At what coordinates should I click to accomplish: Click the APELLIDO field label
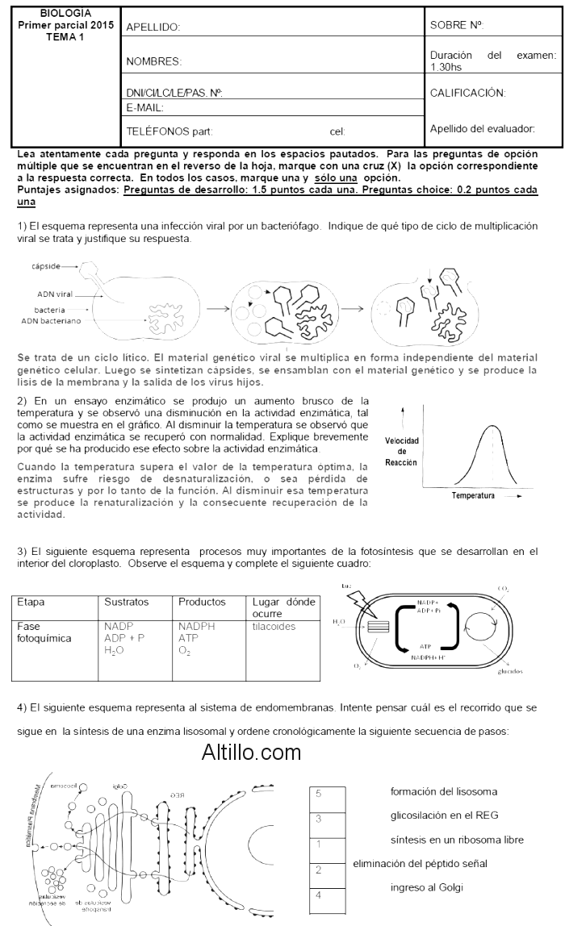click(153, 27)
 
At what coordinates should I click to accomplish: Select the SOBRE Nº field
click(457, 26)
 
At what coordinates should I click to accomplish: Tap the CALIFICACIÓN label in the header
click(468, 93)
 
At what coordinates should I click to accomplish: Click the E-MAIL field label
click(145, 107)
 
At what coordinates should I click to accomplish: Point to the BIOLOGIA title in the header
click(65, 14)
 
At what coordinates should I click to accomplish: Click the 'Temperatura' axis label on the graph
click(474, 494)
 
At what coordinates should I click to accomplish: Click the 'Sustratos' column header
click(127, 602)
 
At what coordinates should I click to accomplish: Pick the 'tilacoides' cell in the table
click(274, 626)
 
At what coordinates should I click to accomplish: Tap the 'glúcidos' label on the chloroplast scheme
click(510, 670)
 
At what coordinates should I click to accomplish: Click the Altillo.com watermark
click(251, 753)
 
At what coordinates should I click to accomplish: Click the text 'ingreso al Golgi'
click(426, 890)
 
